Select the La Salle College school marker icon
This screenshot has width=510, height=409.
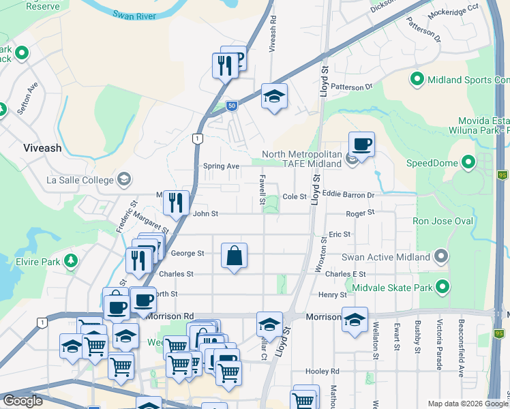[x=123, y=180]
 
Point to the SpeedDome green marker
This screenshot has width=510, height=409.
[x=468, y=163]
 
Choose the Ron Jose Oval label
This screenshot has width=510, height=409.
[x=442, y=222]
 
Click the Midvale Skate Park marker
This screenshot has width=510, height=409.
[x=441, y=286]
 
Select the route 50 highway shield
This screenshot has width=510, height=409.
[x=232, y=106]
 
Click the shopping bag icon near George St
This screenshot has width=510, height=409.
[x=234, y=256]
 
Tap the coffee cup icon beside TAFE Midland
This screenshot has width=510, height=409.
[x=361, y=144]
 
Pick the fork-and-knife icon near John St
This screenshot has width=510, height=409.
[x=176, y=202]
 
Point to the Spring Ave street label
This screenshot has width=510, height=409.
[x=222, y=166]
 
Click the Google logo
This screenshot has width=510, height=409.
[x=22, y=401]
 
